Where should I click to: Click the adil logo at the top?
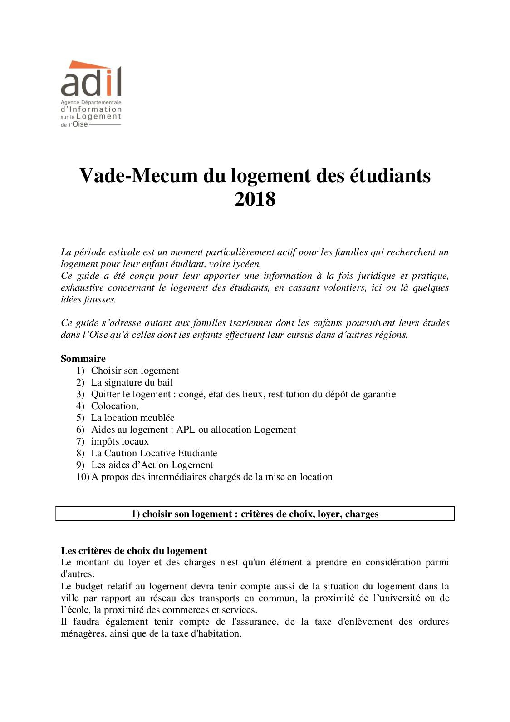tap(91, 94)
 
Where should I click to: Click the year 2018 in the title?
tap(255, 199)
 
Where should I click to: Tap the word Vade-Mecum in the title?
tap(139, 176)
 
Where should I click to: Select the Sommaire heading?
tap(83, 359)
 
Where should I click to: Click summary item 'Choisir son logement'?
tap(135, 371)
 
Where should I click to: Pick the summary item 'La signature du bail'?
tap(132, 382)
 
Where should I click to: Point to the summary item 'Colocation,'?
tap(115, 406)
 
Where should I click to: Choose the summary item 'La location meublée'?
tap(132, 418)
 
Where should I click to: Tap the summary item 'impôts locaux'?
tap(120, 441)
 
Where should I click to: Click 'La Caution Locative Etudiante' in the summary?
tap(154, 453)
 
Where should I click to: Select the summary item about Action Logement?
tap(152, 465)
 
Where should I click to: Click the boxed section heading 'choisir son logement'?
tap(255, 514)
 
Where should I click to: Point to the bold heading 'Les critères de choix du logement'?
tap(134, 551)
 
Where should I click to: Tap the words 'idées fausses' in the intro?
tap(88, 299)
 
